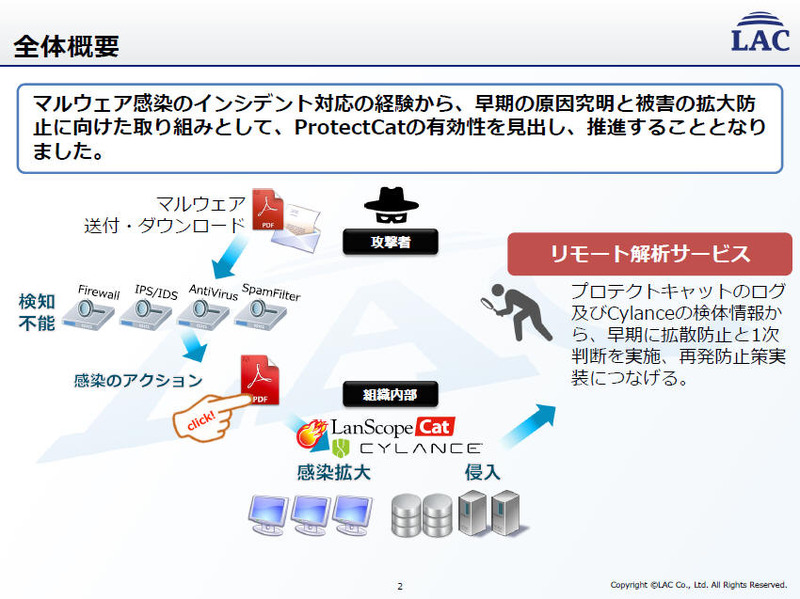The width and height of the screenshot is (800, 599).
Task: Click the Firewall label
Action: coord(99,293)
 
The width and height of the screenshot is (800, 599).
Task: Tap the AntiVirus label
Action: coord(212,292)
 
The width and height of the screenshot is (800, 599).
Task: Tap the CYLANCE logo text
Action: coord(407,448)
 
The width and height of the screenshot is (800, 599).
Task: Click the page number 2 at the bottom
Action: coord(399,586)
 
